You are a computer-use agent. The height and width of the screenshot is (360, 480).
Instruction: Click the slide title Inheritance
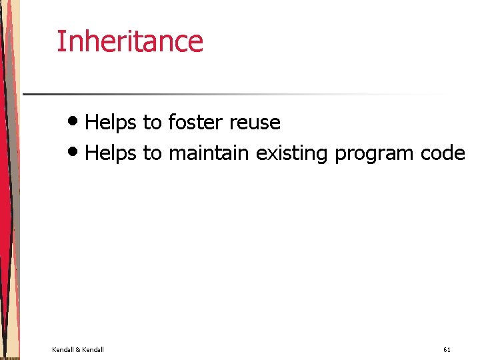tap(129, 41)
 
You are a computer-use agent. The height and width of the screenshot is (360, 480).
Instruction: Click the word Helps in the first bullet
tap(111, 123)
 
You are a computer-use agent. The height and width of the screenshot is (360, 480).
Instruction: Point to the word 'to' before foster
tap(152, 123)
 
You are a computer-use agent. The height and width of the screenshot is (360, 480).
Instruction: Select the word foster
tap(196, 123)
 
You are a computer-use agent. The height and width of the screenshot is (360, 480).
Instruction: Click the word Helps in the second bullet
tap(111, 153)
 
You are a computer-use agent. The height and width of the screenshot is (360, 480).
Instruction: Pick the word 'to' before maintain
tap(152, 153)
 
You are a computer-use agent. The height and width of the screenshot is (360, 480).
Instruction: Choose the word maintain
tap(209, 153)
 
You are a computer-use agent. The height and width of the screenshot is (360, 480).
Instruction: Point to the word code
tap(443, 153)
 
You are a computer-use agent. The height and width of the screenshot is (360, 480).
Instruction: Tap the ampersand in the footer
tap(77, 349)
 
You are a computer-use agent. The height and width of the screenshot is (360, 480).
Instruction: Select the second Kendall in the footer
tap(92, 349)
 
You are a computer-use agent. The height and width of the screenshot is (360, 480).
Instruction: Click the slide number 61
tap(447, 349)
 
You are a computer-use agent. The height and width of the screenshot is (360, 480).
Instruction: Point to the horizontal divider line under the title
tap(233, 94)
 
